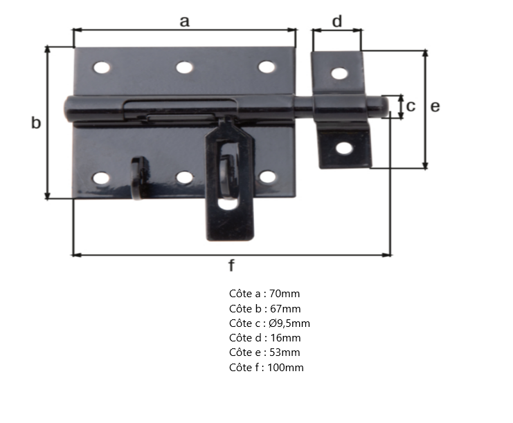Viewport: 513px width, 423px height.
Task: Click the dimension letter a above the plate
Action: click(184, 21)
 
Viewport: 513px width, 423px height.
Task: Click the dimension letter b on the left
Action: click(36, 123)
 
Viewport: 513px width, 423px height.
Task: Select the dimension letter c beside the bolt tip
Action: click(411, 106)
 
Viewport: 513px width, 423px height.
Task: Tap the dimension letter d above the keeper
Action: click(337, 21)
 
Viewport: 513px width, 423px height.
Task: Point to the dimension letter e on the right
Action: click(435, 106)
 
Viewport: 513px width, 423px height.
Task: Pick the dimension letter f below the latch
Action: click(231, 265)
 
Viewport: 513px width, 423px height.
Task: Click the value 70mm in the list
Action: click(285, 294)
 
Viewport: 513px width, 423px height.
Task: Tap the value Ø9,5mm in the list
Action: click(290, 323)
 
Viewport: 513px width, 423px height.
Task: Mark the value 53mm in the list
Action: click(285, 352)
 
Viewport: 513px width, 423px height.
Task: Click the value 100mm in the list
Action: click(287, 368)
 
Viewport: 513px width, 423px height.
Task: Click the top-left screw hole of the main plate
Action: click(102, 68)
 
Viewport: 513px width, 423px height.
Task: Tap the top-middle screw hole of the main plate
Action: click(184, 67)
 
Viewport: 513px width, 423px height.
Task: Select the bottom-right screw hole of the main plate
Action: click(267, 178)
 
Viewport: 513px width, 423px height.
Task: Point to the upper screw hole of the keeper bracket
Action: click(339, 73)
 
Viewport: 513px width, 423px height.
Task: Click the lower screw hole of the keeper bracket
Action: click(344, 147)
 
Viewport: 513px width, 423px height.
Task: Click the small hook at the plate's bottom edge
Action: click(138, 177)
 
